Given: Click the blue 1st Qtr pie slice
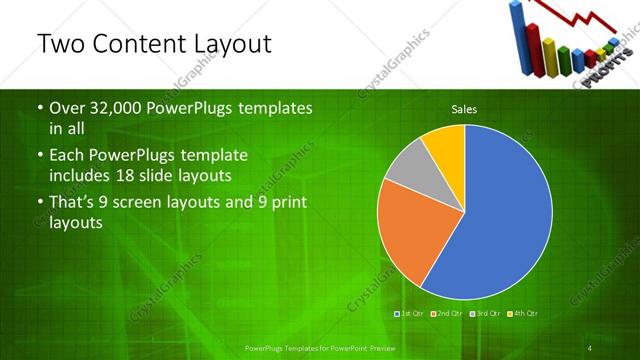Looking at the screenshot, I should (x=500, y=220).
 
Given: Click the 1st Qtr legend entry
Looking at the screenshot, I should (x=411, y=314).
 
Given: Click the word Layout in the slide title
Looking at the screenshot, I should (x=224, y=44).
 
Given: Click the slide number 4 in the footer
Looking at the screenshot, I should (x=590, y=348).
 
